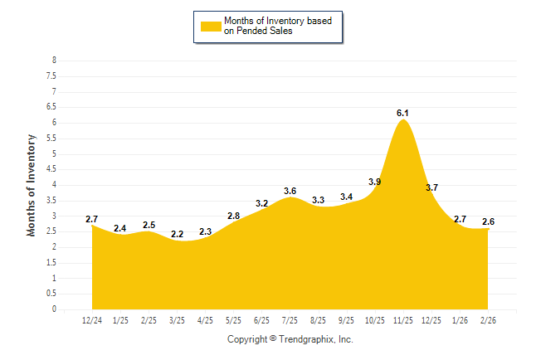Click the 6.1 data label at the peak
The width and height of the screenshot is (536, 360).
pos(403,112)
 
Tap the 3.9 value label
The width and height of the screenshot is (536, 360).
pos(374,182)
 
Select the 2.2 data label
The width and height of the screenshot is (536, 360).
pos(177,235)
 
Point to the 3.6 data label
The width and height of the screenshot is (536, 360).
pos(290,191)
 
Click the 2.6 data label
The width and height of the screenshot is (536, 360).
pos(488,221)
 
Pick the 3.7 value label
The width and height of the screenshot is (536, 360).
pos(431,187)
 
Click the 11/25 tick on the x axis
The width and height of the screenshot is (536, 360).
pos(403,320)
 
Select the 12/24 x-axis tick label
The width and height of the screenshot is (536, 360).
pos(92,320)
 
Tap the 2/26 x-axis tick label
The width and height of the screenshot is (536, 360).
pos(488,320)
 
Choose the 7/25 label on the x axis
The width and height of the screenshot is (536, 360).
pos(290,320)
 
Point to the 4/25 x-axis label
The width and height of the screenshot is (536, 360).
pos(205,320)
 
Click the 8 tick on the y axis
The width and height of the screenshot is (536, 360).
pos(54,61)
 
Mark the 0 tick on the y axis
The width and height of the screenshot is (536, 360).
pos(54,309)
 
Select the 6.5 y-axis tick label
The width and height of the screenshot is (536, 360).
pos(51,107)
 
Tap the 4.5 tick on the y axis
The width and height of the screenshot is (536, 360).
pos(51,169)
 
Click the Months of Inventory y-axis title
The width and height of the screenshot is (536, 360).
pos(32,185)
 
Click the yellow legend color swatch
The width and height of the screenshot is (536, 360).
pos(211,26)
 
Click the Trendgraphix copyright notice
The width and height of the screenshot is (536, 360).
pos(290,339)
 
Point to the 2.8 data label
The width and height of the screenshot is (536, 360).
pos(233,216)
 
